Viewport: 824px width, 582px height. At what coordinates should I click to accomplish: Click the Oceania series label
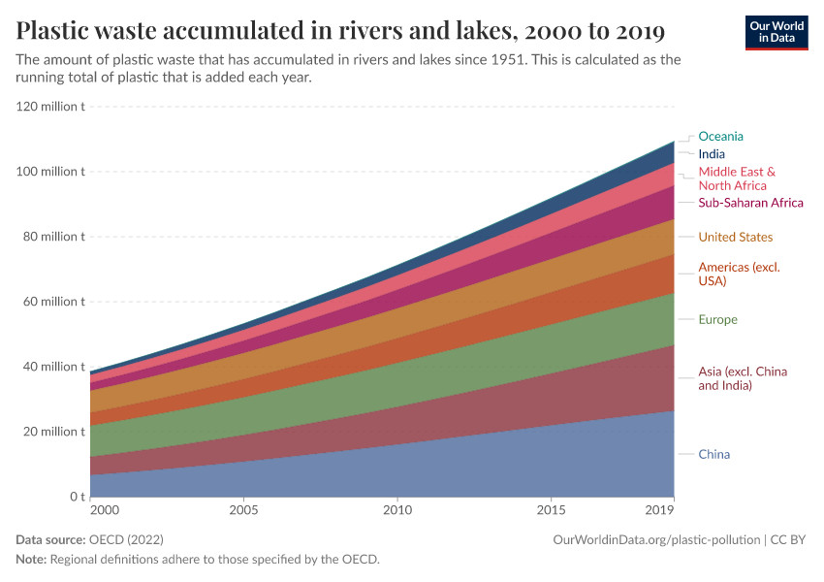(x=720, y=137)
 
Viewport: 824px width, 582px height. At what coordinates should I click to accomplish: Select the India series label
(x=712, y=154)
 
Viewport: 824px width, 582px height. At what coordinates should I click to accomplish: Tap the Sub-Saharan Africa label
(x=750, y=203)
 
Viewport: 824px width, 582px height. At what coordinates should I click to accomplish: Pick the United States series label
(x=735, y=238)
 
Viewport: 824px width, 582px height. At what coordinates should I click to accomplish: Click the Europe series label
(x=717, y=320)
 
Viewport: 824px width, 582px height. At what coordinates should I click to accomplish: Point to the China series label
(x=713, y=455)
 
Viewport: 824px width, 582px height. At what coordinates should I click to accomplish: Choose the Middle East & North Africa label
(x=737, y=178)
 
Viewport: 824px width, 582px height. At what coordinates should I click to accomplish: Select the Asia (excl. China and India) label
(x=743, y=378)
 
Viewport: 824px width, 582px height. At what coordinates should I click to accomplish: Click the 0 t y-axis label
(x=77, y=497)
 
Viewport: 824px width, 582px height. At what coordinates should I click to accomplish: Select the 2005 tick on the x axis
(x=243, y=509)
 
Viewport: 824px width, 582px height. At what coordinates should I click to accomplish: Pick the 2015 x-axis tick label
(x=551, y=509)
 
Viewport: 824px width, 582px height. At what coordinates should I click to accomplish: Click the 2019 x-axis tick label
(x=659, y=509)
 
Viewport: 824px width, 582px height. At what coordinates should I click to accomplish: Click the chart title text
(x=340, y=31)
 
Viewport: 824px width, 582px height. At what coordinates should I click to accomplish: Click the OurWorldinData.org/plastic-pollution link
(x=656, y=539)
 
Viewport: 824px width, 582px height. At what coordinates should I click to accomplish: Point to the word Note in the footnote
(x=30, y=560)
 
